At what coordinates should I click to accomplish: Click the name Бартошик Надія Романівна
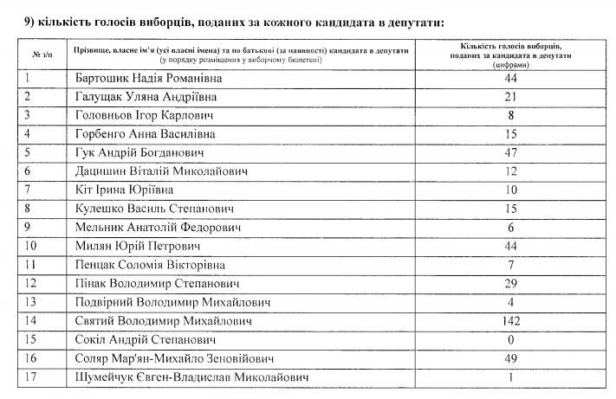point(145,77)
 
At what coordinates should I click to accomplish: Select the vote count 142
point(509,321)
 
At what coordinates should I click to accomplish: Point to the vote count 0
point(509,340)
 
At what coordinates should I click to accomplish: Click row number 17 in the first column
point(32,377)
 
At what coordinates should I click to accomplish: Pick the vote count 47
point(509,152)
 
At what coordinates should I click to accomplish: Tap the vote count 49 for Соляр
point(509,358)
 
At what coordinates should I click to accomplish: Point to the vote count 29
point(509,283)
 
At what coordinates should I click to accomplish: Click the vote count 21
point(509,96)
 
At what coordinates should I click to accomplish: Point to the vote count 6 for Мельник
point(509,227)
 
